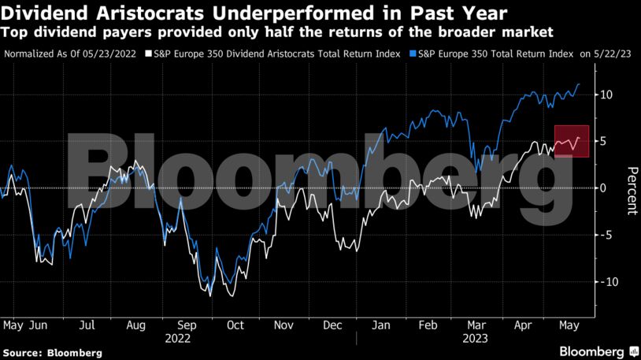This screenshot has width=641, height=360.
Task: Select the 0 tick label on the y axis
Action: coord(603,188)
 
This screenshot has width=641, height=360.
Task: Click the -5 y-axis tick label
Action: coord(605,235)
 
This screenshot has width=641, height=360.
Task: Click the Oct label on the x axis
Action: coord(235,325)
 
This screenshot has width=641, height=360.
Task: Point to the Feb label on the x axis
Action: coord(429,325)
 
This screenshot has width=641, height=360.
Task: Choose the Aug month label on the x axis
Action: coord(135,325)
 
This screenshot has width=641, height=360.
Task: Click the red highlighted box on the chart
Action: coord(572,141)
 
